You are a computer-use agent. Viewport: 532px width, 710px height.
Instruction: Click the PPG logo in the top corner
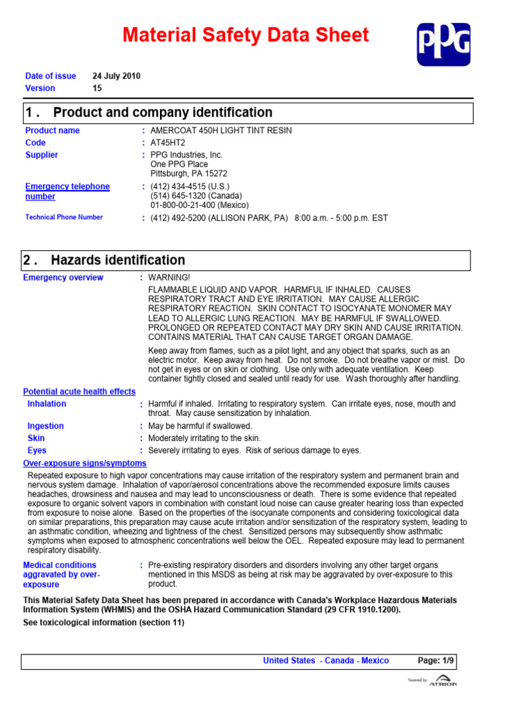tap(443, 44)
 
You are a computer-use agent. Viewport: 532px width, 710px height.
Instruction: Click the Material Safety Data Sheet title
tap(246, 35)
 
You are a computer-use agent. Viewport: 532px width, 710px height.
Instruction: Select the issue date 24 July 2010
tap(116, 76)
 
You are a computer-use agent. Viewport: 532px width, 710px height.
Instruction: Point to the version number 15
tap(98, 88)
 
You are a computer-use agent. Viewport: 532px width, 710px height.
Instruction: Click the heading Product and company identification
tap(162, 113)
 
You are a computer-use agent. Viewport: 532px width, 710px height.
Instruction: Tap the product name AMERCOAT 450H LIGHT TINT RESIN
tap(221, 130)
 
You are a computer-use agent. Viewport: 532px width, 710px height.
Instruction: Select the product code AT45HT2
tap(168, 143)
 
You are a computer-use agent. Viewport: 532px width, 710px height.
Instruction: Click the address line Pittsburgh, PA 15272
tap(188, 174)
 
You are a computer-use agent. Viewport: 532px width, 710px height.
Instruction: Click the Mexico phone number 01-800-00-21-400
tap(199, 205)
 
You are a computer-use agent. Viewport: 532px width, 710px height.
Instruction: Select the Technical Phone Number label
tap(64, 217)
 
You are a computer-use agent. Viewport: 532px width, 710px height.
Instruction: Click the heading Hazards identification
tap(119, 261)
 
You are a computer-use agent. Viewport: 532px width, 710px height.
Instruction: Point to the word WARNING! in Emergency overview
tap(170, 277)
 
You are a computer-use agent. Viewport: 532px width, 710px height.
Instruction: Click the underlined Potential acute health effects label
tap(79, 392)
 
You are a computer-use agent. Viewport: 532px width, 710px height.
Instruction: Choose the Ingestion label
tap(46, 426)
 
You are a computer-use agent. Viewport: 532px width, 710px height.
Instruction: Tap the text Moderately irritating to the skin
tap(204, 438)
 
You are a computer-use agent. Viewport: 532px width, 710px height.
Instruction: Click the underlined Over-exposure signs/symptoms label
tap(85, 463)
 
